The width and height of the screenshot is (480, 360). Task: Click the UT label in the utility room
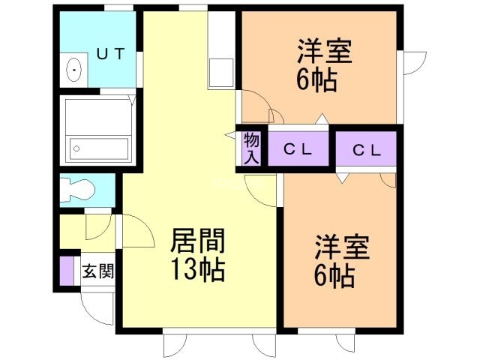[x=111, y=53]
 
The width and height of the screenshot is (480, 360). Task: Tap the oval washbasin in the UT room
[x=73, y=70]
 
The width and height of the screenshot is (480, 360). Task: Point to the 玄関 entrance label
[x=98, y=271]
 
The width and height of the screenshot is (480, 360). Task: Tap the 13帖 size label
[x=198, y=269]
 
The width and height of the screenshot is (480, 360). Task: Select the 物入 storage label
[x=252, y=148]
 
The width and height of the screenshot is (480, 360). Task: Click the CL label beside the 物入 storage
[x=297, y=150]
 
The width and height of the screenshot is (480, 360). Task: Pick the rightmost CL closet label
[x=367, y=150]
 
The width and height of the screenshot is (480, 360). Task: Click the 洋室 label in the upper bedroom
[x=325, y=51]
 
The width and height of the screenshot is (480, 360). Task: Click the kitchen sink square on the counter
[x=220, y=73]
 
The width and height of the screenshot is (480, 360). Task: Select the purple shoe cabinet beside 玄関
[x=67, y=271]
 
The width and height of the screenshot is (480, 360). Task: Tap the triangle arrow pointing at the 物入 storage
[x=230, y=135]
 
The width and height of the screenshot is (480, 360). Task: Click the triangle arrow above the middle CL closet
[x=321, y=118]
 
